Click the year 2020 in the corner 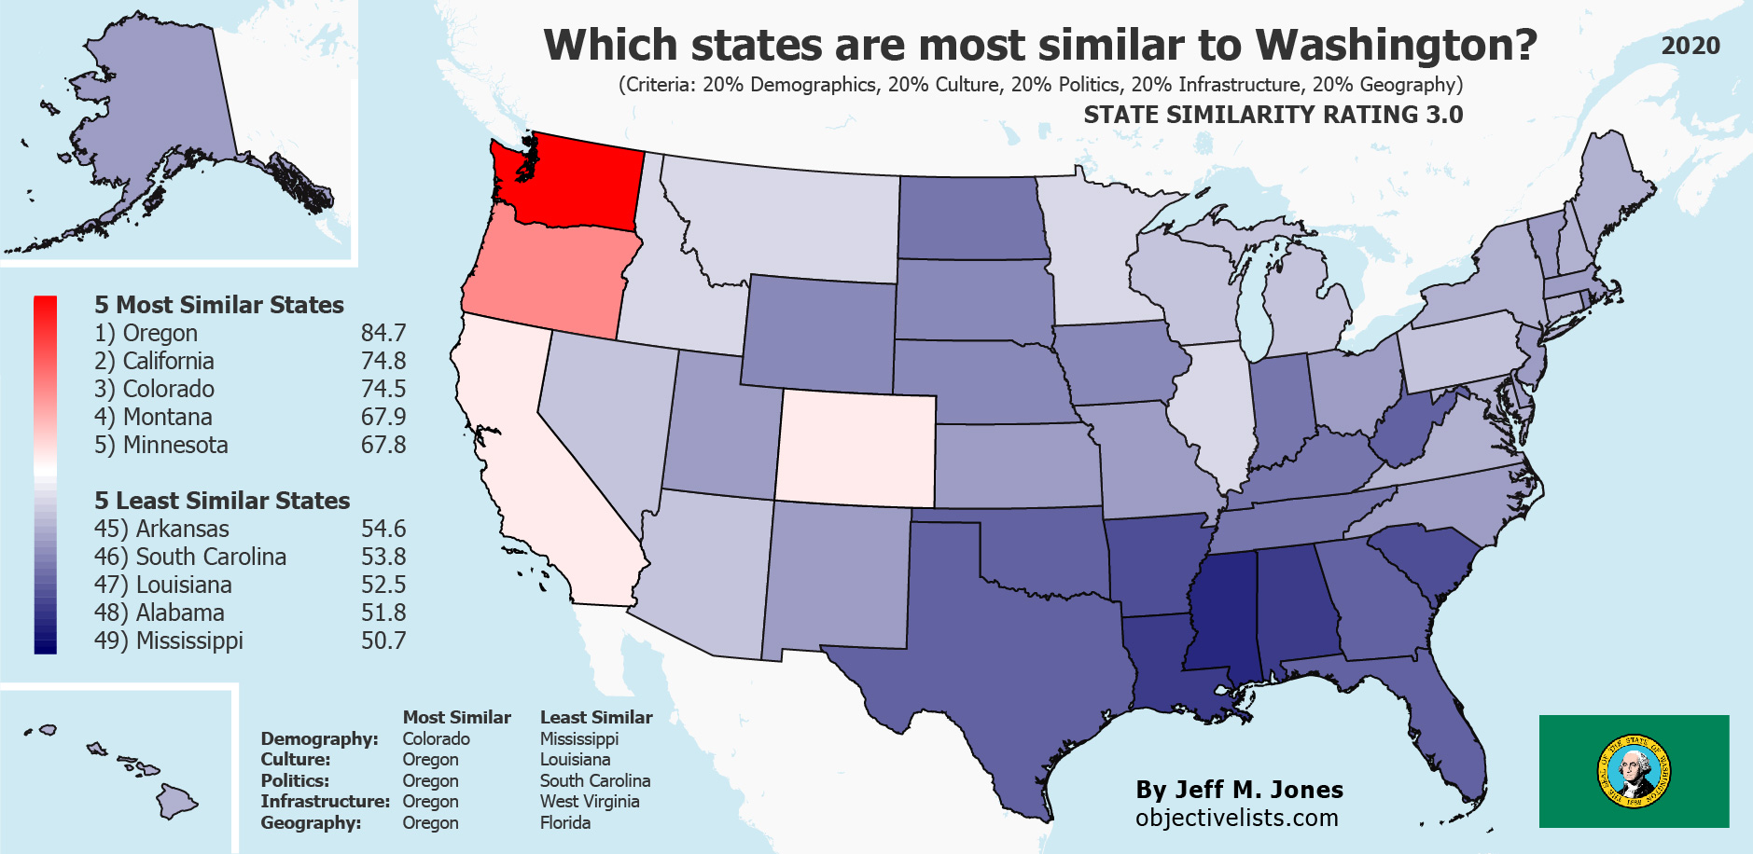pyautogui.click(x=1690, y=46)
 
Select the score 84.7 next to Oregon pyautogui.click(x=383, y=333)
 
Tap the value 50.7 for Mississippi pyautogui.click(x=383, y=640)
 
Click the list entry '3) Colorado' pyautogui.click(x=155, y=389)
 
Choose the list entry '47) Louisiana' pyautogui.click(x=163, y=585)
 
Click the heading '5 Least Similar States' pyautogui.click(x=222, y=501)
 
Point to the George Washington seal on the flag pyautogui.click(x=1634, y=772)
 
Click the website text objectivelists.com pyautogui.click(x=1237, y=818)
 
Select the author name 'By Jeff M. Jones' pyautogui.click(x=1239, y=790)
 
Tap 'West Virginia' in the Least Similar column pyautogui.click(x=590, y=802)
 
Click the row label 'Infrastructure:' pyautogui.click(x=325, y=802)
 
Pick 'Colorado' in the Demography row pyautogui.click(x=436, y=739)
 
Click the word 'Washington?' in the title pyautogui.click(x=1396, y=45)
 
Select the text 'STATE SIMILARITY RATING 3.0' pyautogui.click(x=1273, y=115)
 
